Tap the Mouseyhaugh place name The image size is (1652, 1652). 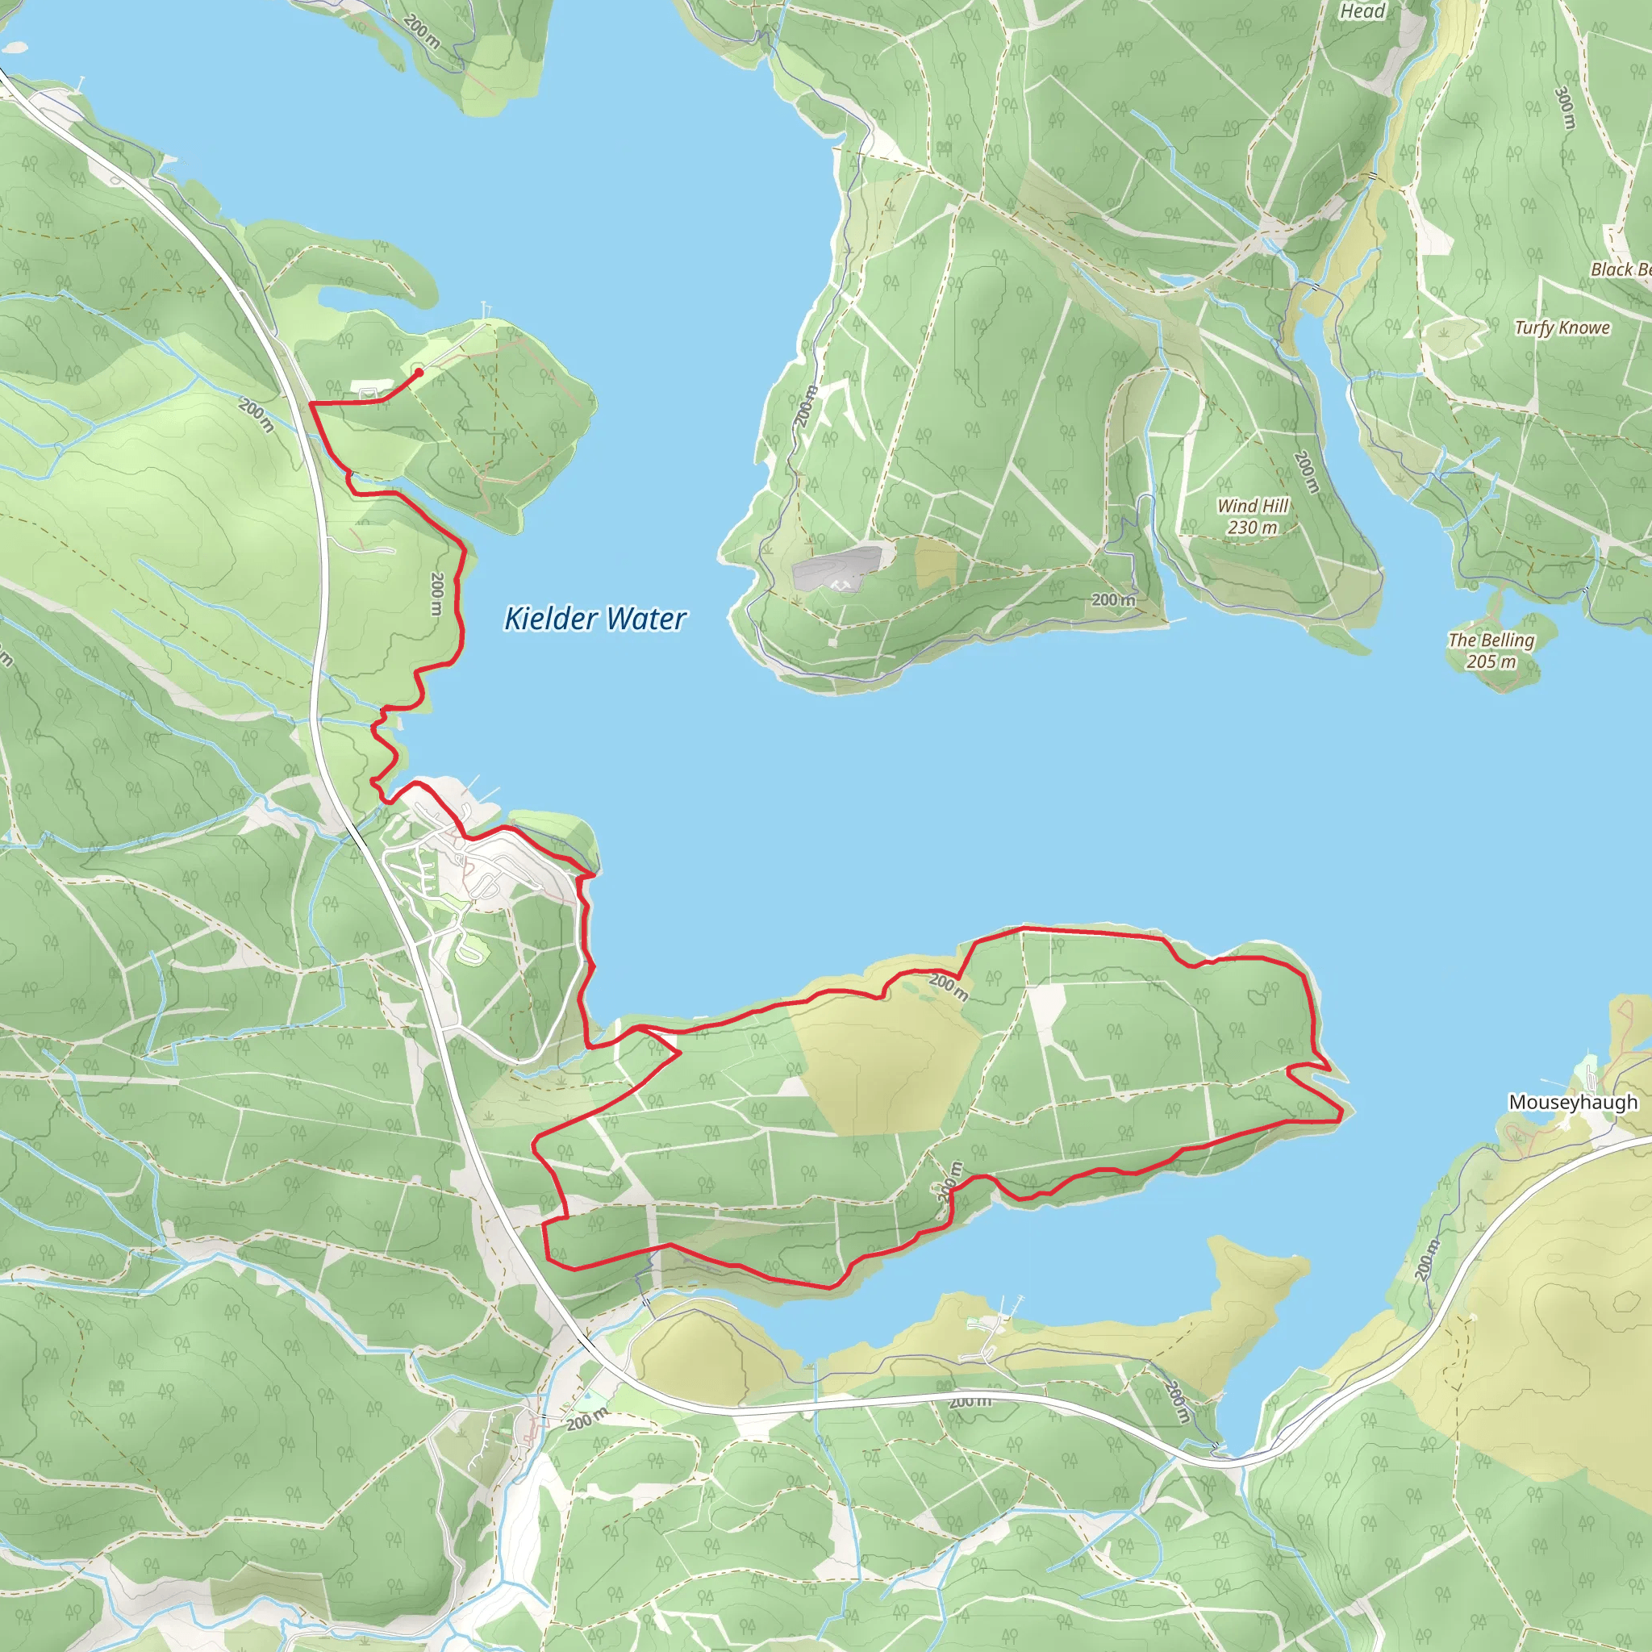click(x=1572, y=1102)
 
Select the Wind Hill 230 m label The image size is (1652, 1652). click(x=1252, y=516)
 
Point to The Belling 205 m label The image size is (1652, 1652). click(x=1491, y=650)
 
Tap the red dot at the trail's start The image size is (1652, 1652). click(x=418, y=372)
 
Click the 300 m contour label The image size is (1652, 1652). click(x=1565, y=108)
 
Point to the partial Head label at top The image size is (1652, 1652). click(x=1362, y=11)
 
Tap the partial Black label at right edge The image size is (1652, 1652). click(x=1620, y=269)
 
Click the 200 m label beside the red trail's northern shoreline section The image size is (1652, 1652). click(x=437, y=594)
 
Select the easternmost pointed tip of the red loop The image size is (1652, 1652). click(x=1342, y=1112)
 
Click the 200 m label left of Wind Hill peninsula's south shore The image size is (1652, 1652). click(x=1113, y=600)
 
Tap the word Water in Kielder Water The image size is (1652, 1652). click(x=645, y=618)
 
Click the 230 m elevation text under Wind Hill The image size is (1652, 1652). click(x=1252, y=528)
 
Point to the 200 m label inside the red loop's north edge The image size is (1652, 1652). click(x=949, y=987)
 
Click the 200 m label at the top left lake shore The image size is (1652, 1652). click(x=422, y=31)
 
